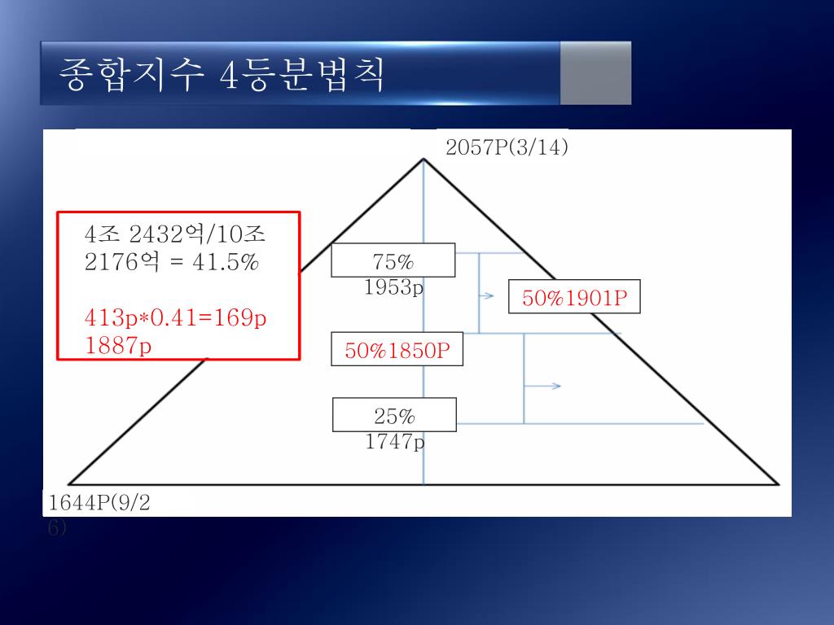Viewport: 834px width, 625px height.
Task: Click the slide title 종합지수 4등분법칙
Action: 222,76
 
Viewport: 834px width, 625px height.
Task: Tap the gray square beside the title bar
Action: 595,73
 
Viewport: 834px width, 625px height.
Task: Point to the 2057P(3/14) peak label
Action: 507,147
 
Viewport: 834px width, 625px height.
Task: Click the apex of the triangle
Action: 424,160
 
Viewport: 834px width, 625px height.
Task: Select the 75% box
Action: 393,261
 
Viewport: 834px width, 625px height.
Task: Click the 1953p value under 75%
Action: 394,287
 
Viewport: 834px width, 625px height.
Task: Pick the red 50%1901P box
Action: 574,298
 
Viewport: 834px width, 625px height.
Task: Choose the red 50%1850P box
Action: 397,350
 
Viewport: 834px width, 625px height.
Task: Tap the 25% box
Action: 394,416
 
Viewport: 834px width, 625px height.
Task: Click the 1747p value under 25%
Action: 395,442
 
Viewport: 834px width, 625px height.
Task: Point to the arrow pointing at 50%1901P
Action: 486,296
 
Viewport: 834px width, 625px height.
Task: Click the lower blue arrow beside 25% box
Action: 544,386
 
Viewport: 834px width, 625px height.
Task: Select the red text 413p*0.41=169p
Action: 175,317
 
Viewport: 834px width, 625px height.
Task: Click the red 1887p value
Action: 118,346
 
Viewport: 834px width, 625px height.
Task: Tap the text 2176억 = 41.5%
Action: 171,263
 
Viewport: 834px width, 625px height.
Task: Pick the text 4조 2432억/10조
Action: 175,235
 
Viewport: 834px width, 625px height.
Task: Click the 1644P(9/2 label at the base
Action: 99,503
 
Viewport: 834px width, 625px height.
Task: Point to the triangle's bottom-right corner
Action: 778,484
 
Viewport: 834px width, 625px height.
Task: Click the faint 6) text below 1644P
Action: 57,527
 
